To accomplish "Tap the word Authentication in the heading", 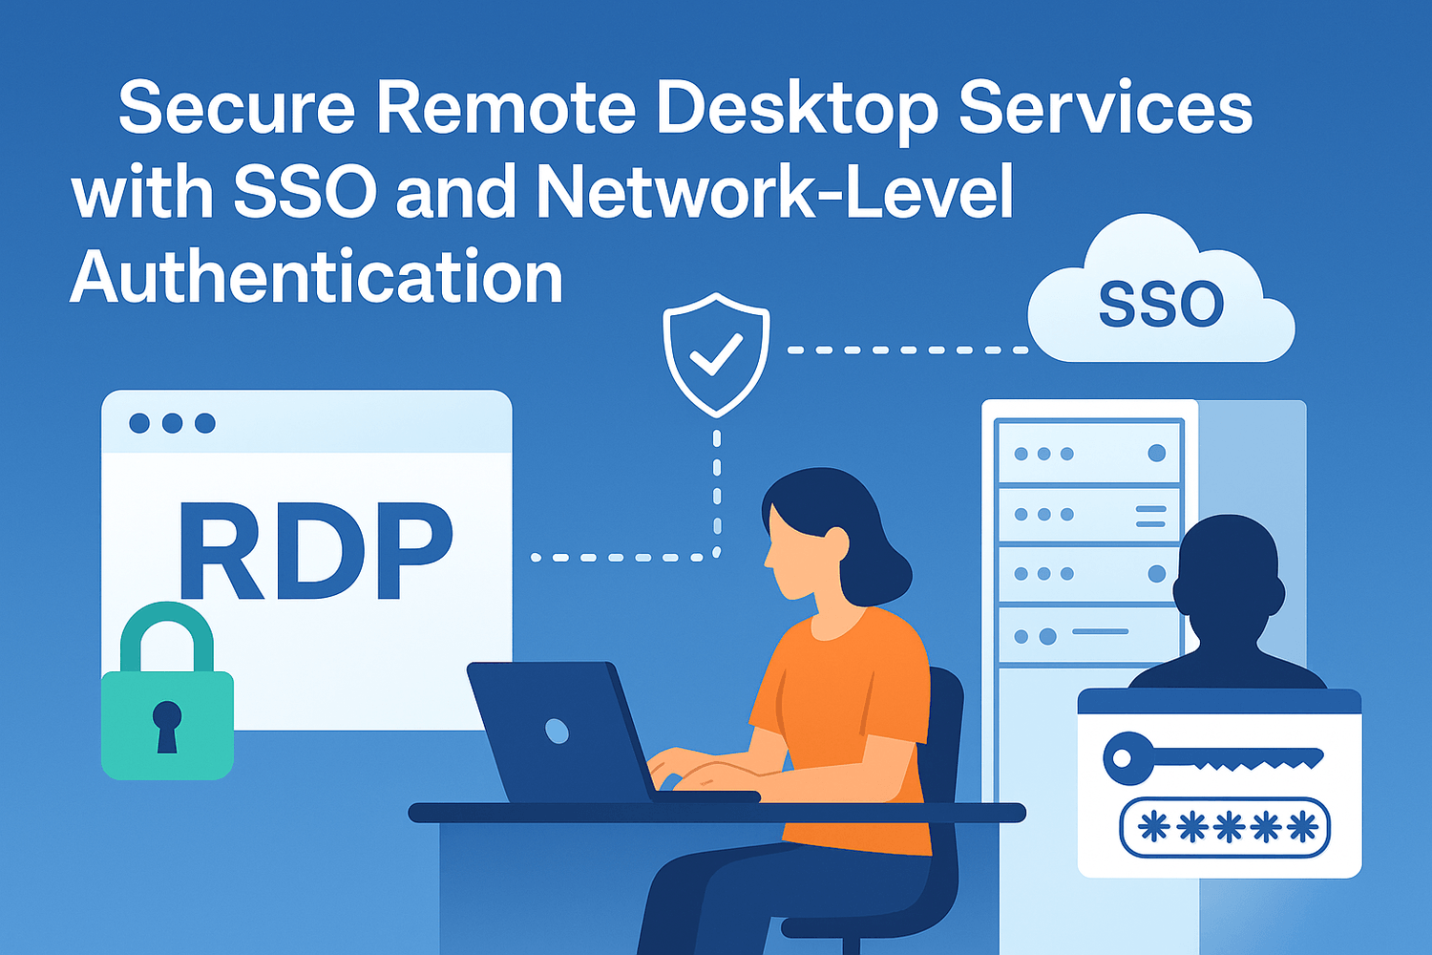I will point(317,278).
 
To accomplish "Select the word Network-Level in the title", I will point(774,192).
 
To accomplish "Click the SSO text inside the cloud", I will point(1161,305).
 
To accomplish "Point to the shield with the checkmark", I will point(716,353).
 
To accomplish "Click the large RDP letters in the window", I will point(315,552).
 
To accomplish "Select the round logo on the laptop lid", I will point(557,732).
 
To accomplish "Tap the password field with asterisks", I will point(1225,827).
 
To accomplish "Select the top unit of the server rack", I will point(1088,453).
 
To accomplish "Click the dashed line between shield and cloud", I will point(907,350).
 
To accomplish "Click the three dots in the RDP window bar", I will point(172,423).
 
